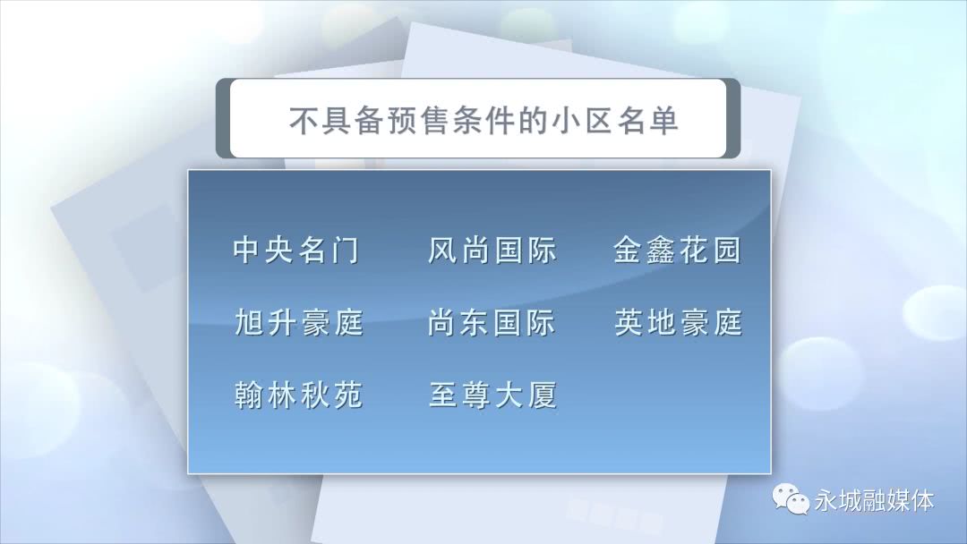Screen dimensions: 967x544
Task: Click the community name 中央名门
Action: (x=296, y=251)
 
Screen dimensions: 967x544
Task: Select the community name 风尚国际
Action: (x=492, y=251)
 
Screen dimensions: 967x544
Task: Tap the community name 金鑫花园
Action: (x=677, y=251)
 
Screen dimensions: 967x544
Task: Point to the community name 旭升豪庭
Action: (x=299, y=322)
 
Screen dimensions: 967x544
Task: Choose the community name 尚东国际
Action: (x=492, y=322)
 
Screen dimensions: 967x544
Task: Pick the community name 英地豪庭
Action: (x=679, y=322)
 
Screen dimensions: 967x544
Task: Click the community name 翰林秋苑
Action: (x=299, y=395)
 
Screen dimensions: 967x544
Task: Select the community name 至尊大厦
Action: (x=493, y=395)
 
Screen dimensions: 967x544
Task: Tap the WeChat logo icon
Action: (x=791, y=498)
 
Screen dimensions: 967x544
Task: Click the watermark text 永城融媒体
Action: (x=875, y=500)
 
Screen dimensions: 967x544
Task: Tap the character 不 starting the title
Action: (x=304, y=120)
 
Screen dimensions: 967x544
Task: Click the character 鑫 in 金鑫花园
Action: (x=661, y=251)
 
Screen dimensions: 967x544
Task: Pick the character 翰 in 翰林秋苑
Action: (x=249, y=395)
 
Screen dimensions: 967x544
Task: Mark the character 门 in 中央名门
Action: (x=346, y=251)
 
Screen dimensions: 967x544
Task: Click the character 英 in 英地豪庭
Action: (x=629, y=322)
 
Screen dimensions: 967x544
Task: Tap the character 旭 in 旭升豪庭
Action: (x=249, y=322)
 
